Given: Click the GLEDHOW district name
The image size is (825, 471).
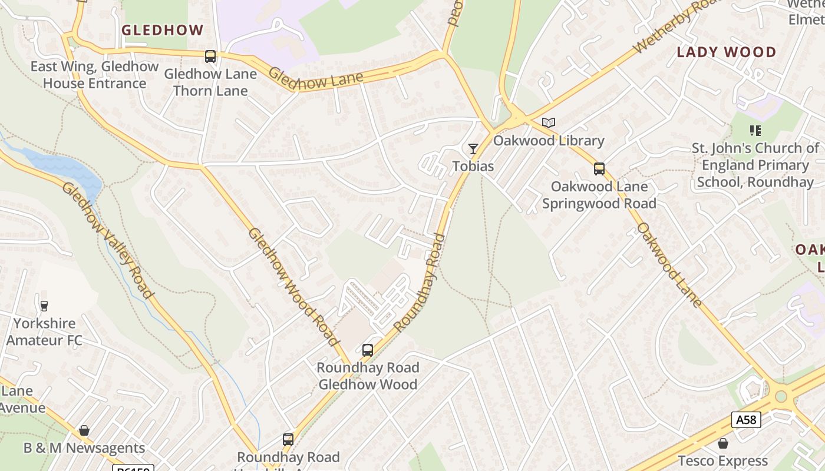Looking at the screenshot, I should point(162,30).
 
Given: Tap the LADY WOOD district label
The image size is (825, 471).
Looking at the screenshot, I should point(726,52).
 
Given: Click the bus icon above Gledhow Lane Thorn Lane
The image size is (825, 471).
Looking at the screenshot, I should point(210,57).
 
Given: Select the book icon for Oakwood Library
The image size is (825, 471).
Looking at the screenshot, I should point(549,123).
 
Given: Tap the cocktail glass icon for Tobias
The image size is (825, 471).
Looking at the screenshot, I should point(473,148).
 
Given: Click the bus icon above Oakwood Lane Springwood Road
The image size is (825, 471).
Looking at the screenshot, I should point(599,169).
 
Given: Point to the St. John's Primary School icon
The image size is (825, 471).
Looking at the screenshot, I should point(755,130).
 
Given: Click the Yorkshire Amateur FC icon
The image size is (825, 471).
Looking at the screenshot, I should point(44,306).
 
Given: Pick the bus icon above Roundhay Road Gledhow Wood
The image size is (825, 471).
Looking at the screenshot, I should point(368,350).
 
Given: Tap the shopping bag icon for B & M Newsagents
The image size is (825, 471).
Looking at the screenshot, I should point(84,430).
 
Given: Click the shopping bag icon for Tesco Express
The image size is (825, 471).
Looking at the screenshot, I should point(722,443).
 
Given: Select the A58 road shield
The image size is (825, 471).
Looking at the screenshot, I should point(746,420).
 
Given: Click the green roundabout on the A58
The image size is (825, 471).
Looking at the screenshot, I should point(781,396).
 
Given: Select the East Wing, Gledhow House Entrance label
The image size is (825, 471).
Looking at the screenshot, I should point(94,75).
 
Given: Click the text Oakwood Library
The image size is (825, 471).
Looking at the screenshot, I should point(549,141).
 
